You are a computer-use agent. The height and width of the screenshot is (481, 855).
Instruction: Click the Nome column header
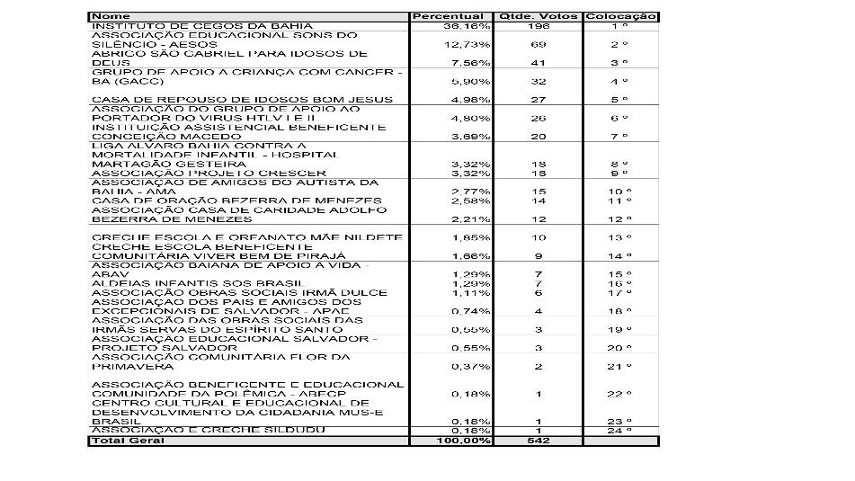pos(111,16)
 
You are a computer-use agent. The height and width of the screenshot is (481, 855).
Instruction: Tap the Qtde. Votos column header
pos(538,16)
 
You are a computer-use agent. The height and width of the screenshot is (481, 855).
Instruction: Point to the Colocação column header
pos(620,16)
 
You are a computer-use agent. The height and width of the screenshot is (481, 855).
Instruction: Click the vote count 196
pos(539,26)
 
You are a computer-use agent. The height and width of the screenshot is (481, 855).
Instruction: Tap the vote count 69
pos(539,44)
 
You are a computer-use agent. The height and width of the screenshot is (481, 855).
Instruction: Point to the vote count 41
pos(539,63)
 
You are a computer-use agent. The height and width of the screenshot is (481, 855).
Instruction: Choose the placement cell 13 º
pos(619,237)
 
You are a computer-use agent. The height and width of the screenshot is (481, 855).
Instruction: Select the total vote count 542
pos(539,441)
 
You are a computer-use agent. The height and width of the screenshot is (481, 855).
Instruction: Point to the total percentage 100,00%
pos(468,441)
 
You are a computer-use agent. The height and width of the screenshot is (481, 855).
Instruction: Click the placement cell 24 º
pos(619,431)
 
